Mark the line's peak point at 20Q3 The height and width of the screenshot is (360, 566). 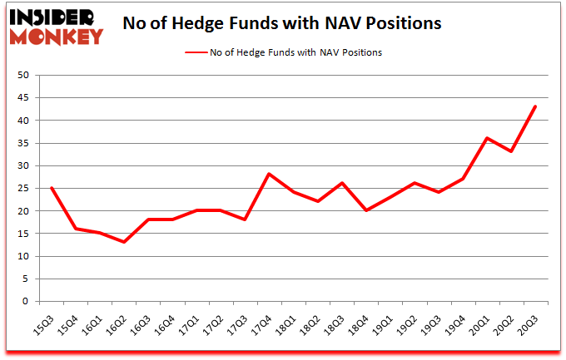pyautogui.click(x=535, y=106)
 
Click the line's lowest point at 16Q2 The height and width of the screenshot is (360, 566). pyautogui.click(x=124, y=242)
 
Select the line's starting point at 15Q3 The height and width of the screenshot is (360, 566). pyautogui.click(x=52, y=188)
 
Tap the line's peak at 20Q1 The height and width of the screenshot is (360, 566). pyautogui.click(x=487, y=138)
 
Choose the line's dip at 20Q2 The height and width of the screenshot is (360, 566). pyautogui.click(x=511, y=151)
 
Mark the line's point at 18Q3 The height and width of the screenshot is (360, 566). pyautogui.click(x=342, y=183)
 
